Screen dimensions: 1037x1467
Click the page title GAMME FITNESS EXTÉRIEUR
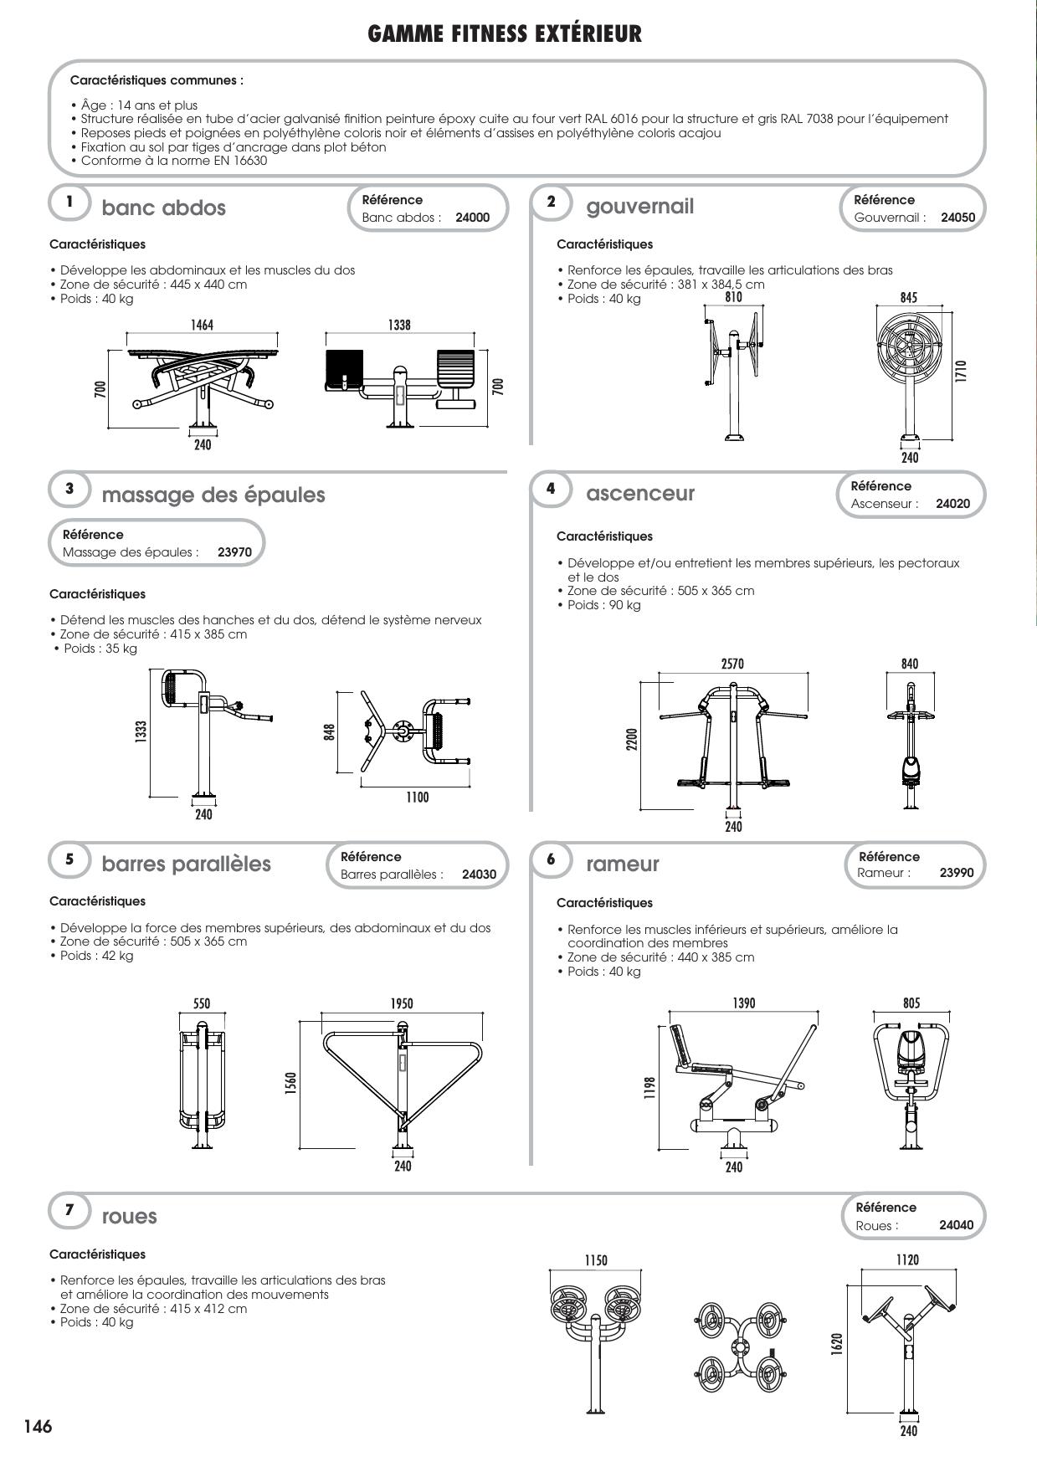pos(505,33)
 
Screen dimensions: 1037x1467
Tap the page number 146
pos(38,1426)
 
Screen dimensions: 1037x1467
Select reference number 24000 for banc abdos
pos(472,218)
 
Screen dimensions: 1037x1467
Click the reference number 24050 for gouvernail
pos(957,218)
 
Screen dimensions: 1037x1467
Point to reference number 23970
pos(234,552)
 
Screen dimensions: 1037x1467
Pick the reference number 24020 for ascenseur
pos(952,504)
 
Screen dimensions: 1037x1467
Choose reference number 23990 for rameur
pos(957,872)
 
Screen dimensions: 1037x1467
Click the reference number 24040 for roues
pos(956,1225)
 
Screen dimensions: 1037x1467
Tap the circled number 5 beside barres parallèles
pos(69,859)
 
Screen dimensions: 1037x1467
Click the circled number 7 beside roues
pos(69,1209)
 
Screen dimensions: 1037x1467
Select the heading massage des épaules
pos(213,495)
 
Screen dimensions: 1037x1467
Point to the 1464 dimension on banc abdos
pos(202,325)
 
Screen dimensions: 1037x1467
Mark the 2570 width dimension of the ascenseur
pos(732,664)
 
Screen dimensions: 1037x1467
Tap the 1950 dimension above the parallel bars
pos(402,1003)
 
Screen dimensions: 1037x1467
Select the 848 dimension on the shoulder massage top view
pos(330,732)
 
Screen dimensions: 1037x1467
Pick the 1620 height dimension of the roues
pos(837,1344)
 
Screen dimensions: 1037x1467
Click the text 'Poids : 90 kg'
pos(603,605)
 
